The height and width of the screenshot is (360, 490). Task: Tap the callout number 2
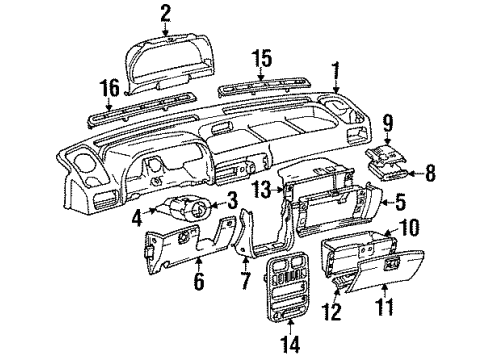pyautogui.click(x=165, y=12)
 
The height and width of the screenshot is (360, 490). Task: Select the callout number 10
pyautogui.click(x=436, y=228)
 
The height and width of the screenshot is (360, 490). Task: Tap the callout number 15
pyautogui.click(x=262, y=60)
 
